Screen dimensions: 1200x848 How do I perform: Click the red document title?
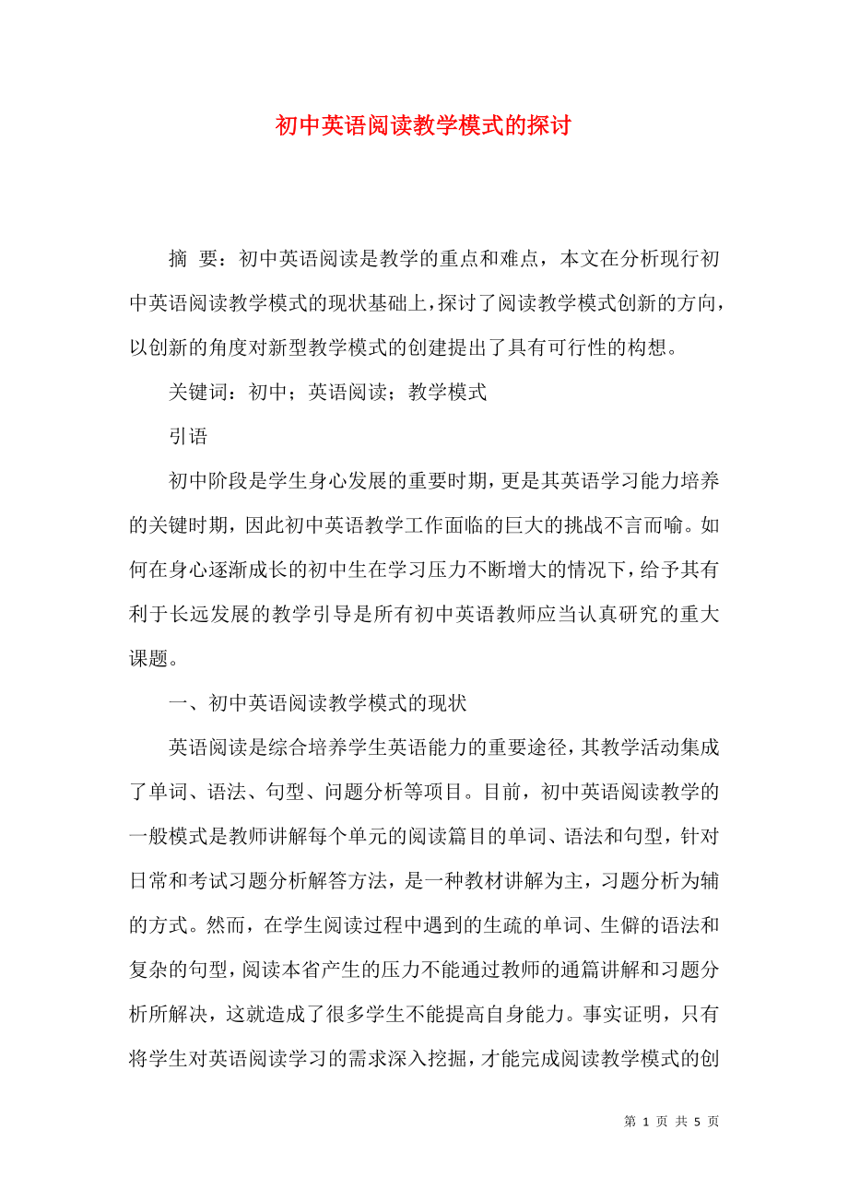tap(423, 126)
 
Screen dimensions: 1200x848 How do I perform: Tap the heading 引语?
tap(188, 436)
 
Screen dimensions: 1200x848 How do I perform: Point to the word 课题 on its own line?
tap(148, 659)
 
